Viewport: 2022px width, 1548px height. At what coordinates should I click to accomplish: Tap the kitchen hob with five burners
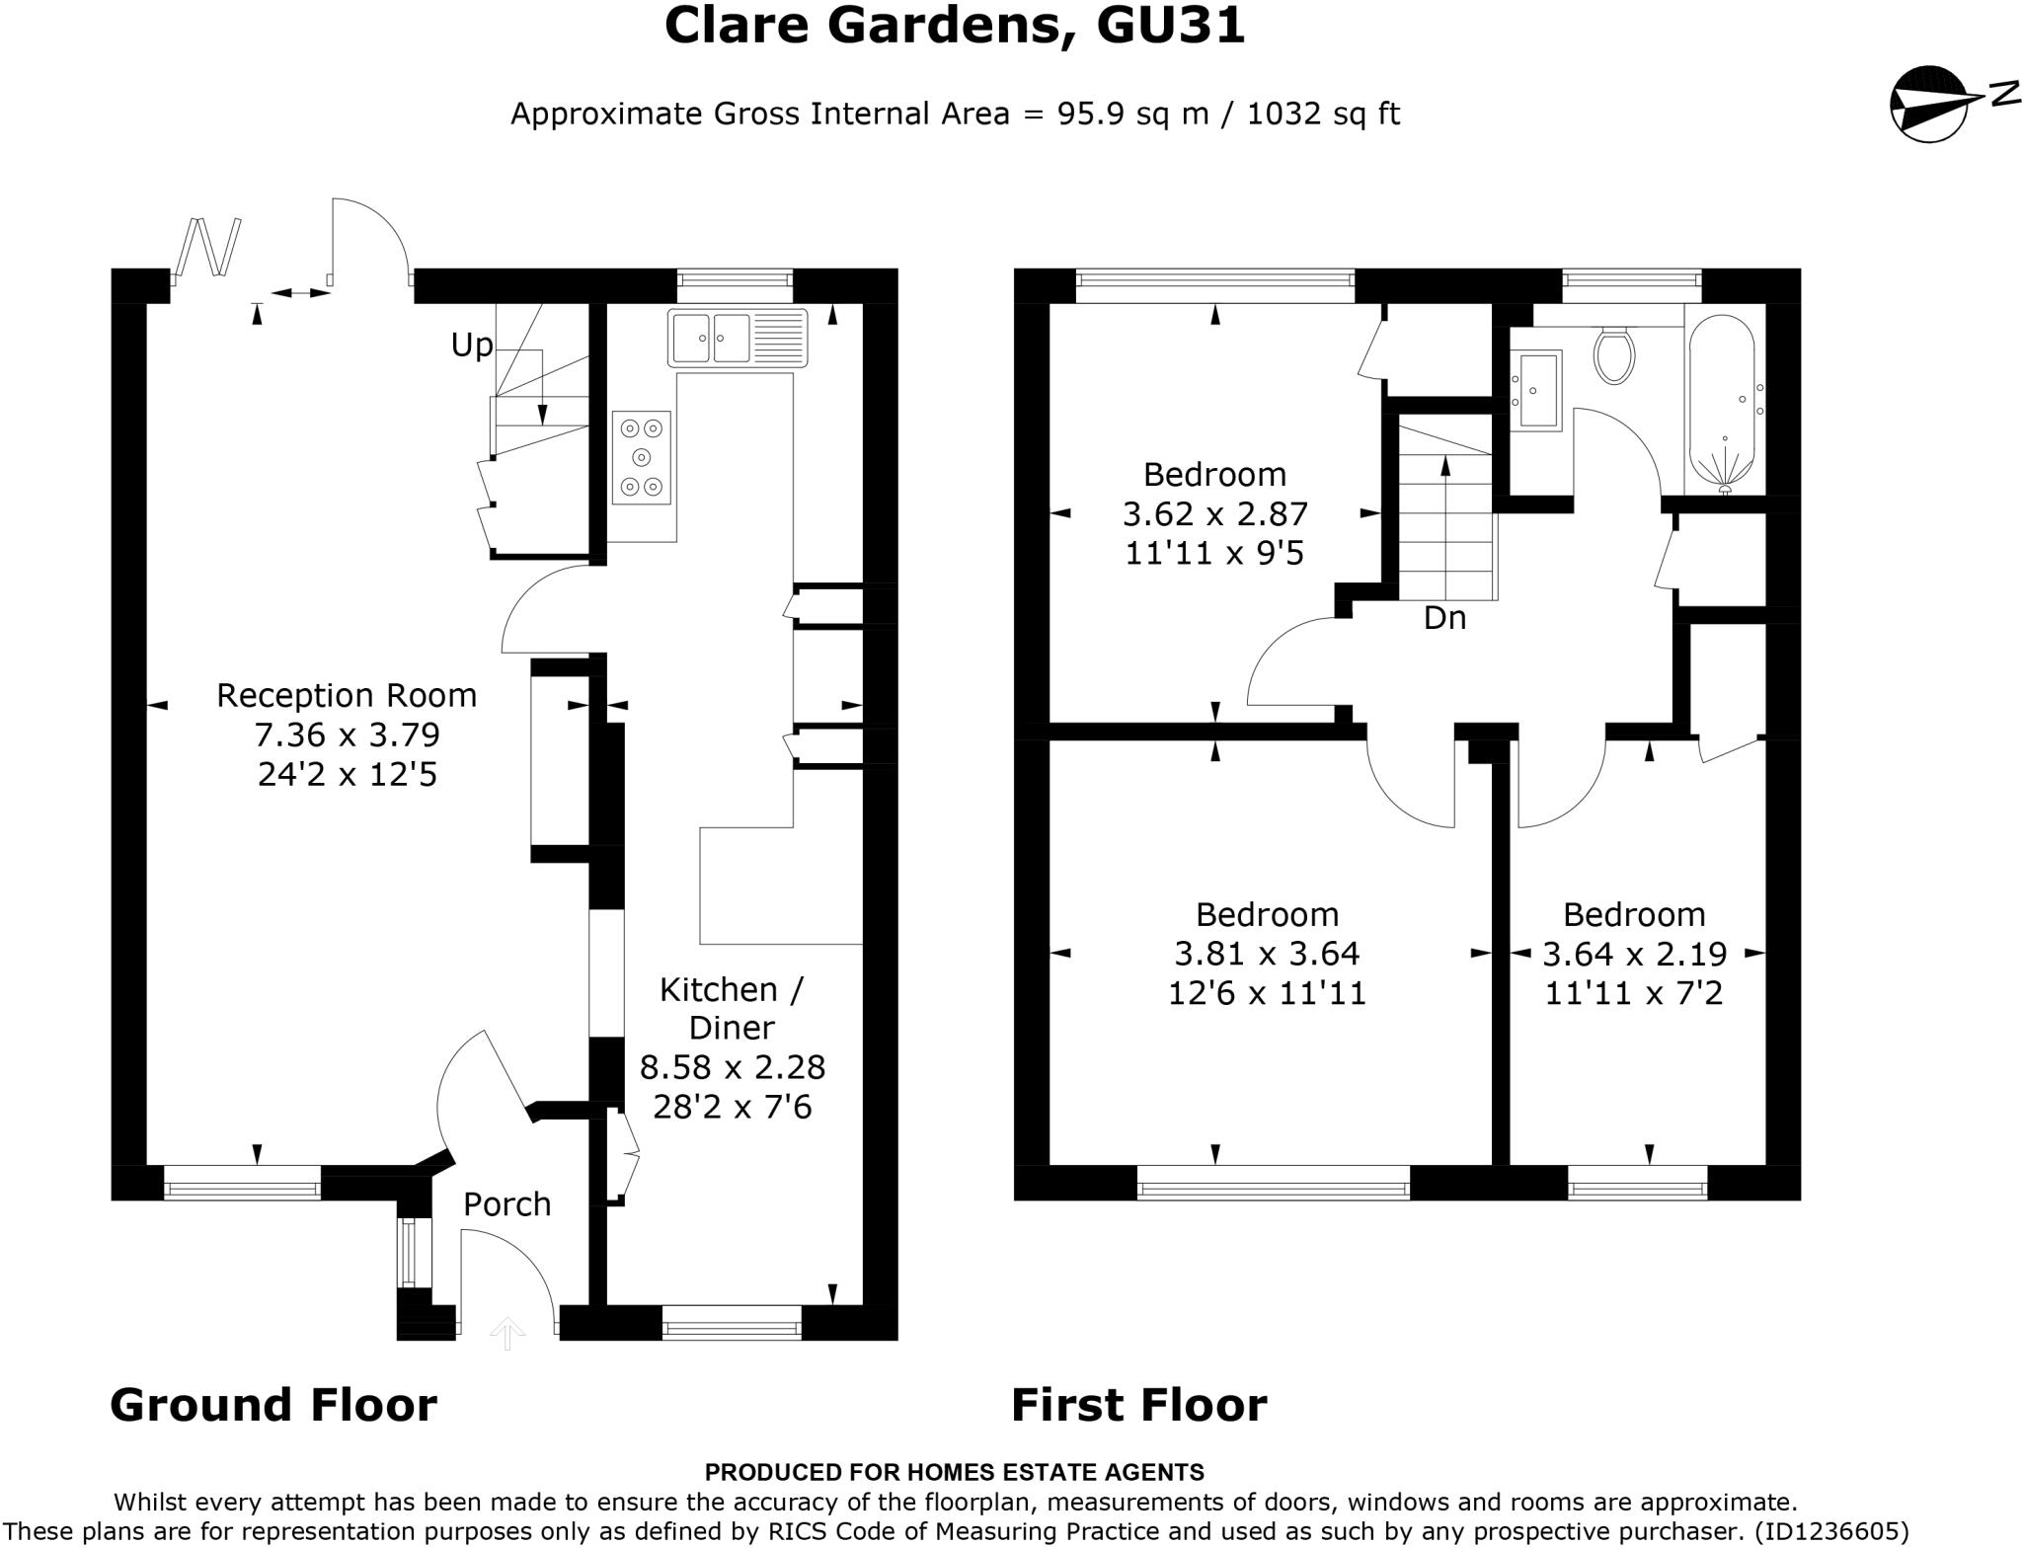[x=642, y=457]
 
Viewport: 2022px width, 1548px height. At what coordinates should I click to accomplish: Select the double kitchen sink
[x=738, y=338]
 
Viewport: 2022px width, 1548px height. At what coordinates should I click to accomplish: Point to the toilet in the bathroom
[x=1614, y=355]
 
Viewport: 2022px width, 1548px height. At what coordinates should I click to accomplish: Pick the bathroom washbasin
[x=1536, y=390]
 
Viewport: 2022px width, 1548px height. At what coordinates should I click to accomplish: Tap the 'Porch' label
[x=506, y=1204]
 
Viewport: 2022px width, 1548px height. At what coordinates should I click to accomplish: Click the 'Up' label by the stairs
[x=471, y=345]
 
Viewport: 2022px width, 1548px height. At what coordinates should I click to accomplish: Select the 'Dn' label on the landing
[x=1443, y=618]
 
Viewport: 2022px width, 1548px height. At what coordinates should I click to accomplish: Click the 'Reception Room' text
[x=347, y=696]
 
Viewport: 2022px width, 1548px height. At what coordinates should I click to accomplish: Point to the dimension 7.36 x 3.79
[x=347, y=735]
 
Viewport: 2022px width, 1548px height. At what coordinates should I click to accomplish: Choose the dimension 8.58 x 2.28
[x=732, y=1067]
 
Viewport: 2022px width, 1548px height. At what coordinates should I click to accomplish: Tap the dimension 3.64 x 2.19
[x=1634, y=954]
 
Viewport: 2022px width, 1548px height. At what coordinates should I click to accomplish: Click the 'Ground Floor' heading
[x=272, y=1405]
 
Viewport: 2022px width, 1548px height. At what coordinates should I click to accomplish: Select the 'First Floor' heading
[x=1138, y=1405]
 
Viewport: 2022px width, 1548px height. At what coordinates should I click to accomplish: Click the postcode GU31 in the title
[x=1171, y=26]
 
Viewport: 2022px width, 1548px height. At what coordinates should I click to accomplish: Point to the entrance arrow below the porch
[x=507, y=1334]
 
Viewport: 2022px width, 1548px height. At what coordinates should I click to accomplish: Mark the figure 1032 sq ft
[x=1323, y=115]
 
